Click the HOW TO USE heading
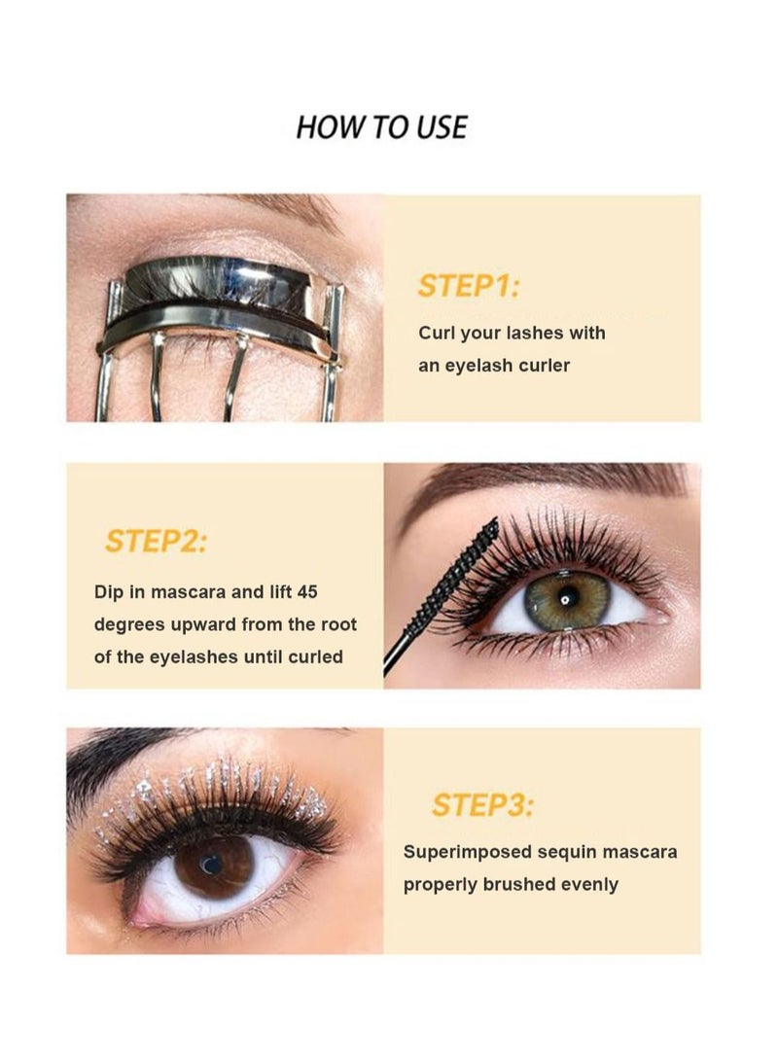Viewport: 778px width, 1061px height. pyautogui.click(x=381, y=127)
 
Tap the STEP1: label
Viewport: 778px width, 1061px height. pyautogui.click(x=469, y=287)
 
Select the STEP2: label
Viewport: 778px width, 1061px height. pyautogui.click(x=156, y=541)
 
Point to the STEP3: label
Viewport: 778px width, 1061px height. pyautogui.click(x=483, y=805)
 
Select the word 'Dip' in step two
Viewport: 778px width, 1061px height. pyautogui.click(x=109, y=590)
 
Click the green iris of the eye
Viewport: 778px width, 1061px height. pyautogui.click(x=566, y=600)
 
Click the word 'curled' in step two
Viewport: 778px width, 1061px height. pyautogui.click(x=315, y=656)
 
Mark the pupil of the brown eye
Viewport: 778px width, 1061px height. pyautogui.click(x=211, y=863)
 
